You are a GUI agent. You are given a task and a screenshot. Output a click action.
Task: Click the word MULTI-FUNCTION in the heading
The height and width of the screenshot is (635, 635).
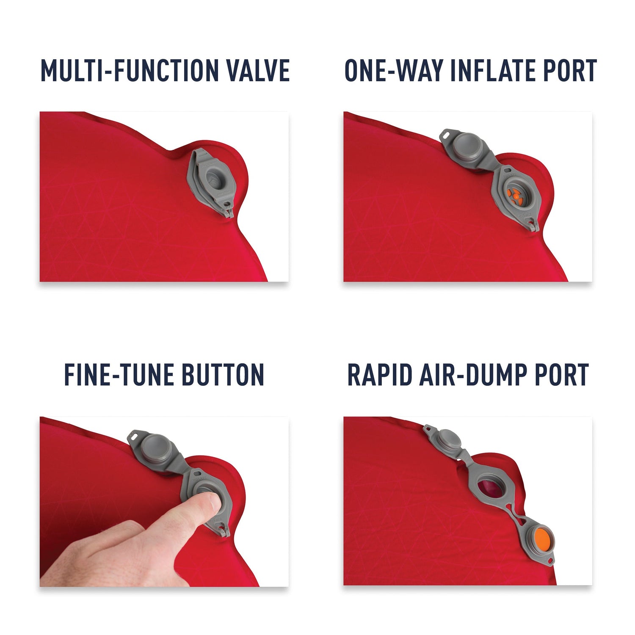[129, 70]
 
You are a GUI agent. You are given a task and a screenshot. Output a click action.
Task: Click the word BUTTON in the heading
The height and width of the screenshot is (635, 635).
[223, 375]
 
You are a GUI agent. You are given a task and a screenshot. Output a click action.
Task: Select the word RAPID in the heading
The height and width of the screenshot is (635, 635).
[379, 375]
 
